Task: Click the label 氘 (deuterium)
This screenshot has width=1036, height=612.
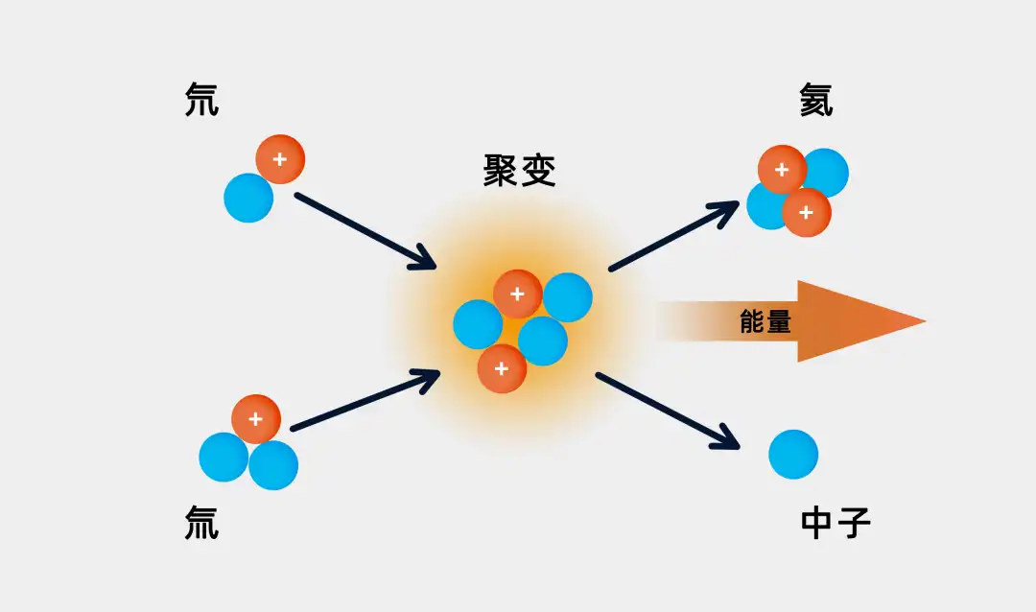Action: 201,101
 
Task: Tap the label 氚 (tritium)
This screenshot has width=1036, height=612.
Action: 201,524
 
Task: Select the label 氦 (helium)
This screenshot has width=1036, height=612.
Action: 816,101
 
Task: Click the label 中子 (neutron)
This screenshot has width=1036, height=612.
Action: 836,524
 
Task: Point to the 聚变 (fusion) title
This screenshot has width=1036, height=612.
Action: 519,171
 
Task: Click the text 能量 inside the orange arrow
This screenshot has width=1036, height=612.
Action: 765,322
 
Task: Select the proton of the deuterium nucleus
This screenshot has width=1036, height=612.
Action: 280,159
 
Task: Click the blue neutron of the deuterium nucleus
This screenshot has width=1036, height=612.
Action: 248,199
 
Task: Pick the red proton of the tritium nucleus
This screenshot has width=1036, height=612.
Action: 256,419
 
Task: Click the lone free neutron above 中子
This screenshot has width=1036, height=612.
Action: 793,454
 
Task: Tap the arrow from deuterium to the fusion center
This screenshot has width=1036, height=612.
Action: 365,231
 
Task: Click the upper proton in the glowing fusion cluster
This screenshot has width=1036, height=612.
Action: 518,294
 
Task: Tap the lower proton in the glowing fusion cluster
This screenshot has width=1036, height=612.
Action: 502,368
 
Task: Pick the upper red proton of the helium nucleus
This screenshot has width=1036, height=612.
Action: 782,170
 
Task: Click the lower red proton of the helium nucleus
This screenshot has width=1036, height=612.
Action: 807,213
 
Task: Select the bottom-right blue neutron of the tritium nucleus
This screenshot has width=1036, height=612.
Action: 274,466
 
